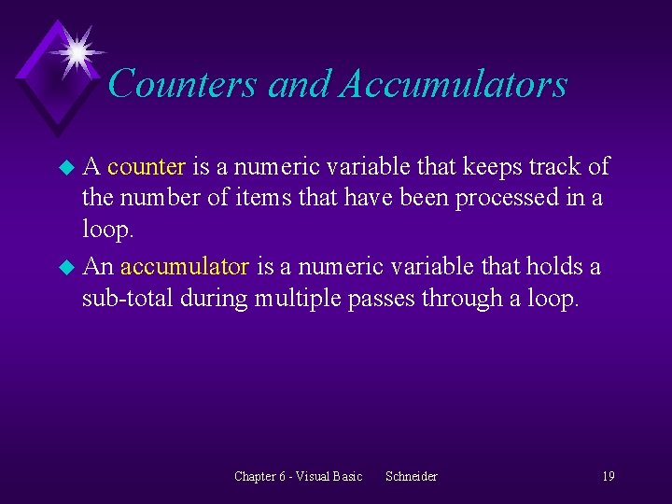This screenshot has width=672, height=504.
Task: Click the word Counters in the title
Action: [183, 84]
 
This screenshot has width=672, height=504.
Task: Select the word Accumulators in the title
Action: [454, 84]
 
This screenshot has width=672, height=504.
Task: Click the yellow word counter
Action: [147, 167]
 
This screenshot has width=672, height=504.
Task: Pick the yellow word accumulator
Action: [185, 267]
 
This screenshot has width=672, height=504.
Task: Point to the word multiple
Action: [301, 299]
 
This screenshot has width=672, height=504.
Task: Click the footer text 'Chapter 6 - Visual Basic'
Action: [298, 476]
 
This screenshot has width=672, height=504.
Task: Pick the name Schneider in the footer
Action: [411, 476]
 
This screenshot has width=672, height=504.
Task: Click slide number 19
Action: [608, 476]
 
